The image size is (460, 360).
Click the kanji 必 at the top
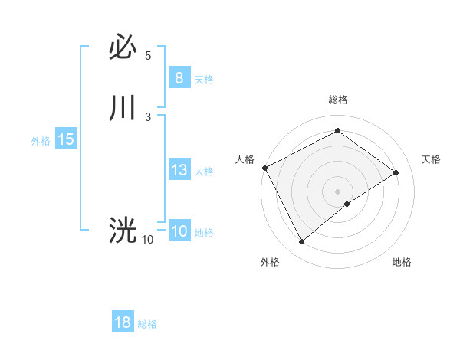(123, 48)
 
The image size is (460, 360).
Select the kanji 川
(123, 108)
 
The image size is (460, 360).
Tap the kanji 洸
(123, 229)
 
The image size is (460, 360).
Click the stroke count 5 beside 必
(148, 56)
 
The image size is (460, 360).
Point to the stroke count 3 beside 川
(148, 116)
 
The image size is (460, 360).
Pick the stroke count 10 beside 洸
(147, 240)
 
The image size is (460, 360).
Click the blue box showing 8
(179, 77)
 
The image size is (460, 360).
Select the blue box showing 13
(179, 170)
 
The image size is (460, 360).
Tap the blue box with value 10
(179, 231)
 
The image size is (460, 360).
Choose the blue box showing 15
(65, 139)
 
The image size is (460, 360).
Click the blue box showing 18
(123, 322)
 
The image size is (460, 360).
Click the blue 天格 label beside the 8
(204, 79)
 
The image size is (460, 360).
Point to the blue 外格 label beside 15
(41, 141)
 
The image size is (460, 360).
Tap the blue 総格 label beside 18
(147, 324)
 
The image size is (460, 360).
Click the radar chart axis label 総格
(337, 100)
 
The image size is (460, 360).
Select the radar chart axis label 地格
(402, 262)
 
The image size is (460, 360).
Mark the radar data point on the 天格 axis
(396, 172)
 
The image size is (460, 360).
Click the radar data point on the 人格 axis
(264, 168)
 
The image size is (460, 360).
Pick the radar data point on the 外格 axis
(301, 242)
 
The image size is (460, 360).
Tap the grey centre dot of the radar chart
(337, 191)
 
